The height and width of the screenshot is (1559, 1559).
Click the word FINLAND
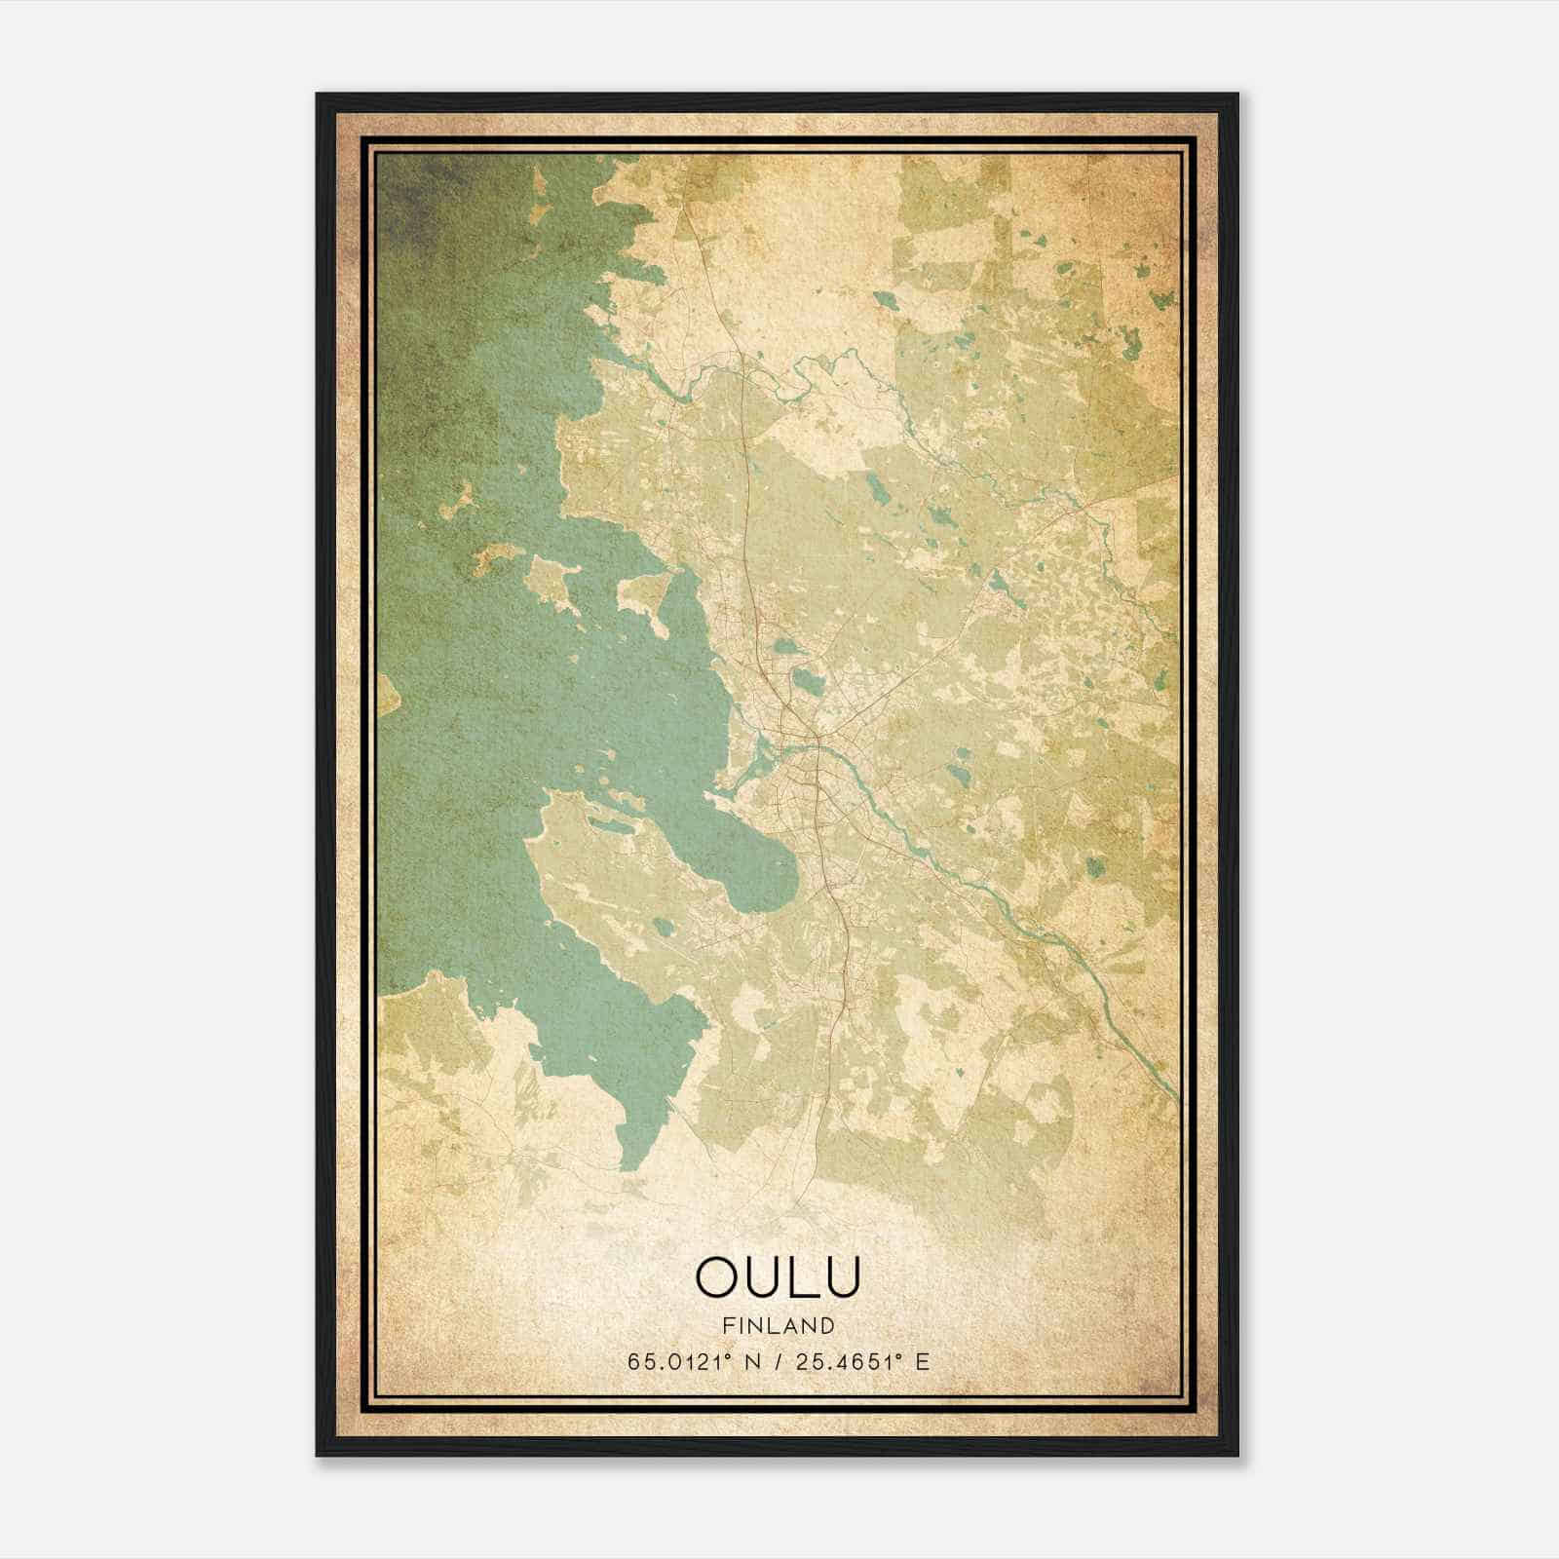(779, 1325)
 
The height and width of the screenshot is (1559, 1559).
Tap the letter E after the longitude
(923, 1361)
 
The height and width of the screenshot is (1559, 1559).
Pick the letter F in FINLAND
(728, 1325)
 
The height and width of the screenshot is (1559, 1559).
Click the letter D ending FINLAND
(828, 1325)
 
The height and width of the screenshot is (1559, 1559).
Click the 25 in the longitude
(805, 1361)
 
